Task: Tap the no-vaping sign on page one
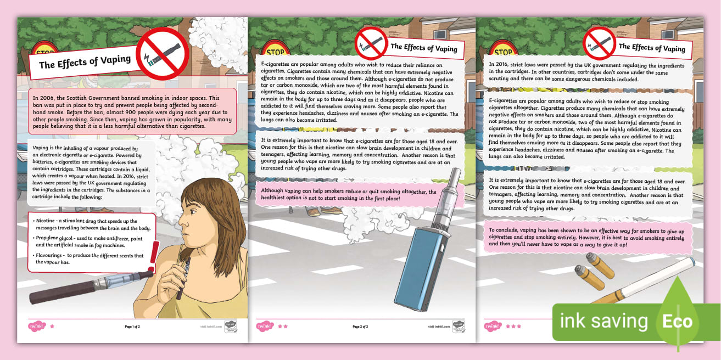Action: [x=162, y=55]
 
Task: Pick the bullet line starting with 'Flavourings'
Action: [x=88, y=259]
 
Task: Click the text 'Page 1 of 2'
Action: [x=132, y=327]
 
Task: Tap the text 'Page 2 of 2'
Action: [x=360, y=327]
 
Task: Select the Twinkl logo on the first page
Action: [x=36, y=327]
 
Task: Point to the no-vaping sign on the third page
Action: [x=599, y=42]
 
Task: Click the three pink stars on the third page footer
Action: [x=513, y=327]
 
